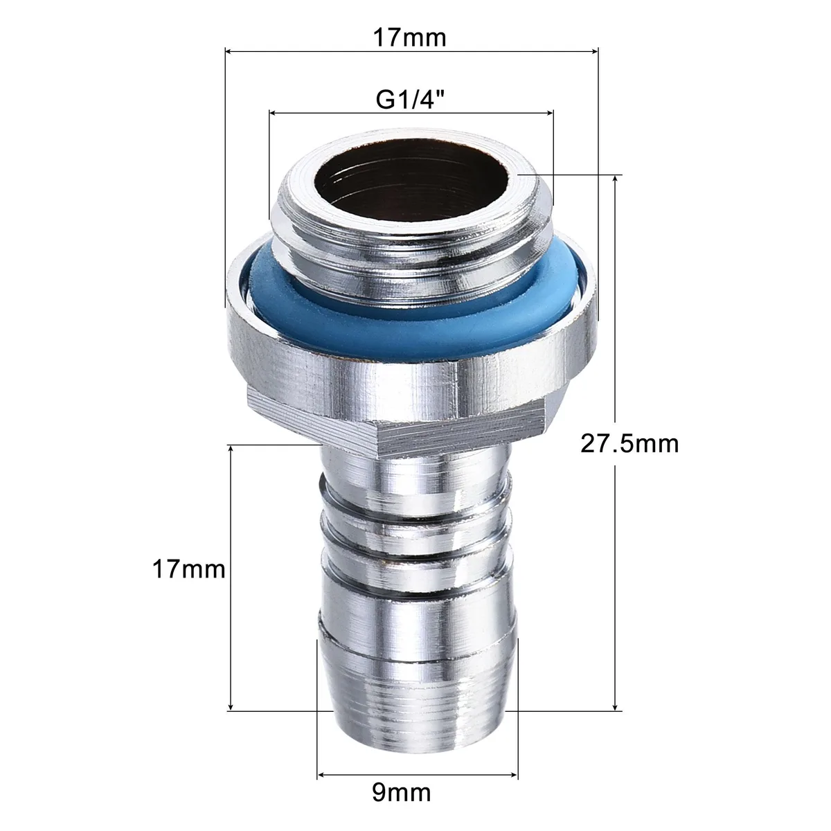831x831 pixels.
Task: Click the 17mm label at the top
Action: pyautogui.click(x=409, y=37)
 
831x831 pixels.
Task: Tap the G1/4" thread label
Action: pyautogui.click(x=410, y=99)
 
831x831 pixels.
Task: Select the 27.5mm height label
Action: pyautogui.click(x=629, y=443)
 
